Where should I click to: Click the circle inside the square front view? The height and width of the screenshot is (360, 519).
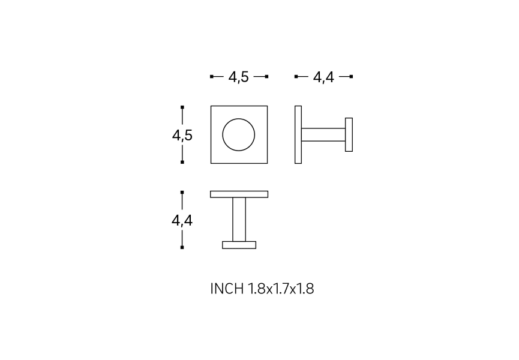coord(223,134)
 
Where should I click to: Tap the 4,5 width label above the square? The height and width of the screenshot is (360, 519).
coord(238,77)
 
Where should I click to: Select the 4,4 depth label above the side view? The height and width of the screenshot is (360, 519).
coord(323,77)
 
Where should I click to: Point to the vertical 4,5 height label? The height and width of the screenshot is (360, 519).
coord(182,136)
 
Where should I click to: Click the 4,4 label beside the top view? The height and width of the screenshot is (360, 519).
coord(182,220)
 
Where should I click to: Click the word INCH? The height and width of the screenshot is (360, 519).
coord(227,289)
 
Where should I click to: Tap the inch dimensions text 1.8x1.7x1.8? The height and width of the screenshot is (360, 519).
coord(281,289)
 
